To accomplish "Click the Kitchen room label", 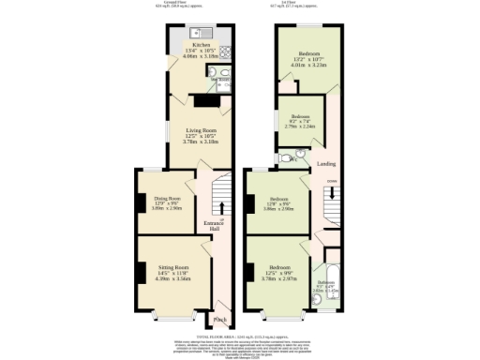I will point(201,43).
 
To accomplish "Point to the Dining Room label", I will point(167,198).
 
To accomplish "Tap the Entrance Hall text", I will point(213,226).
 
